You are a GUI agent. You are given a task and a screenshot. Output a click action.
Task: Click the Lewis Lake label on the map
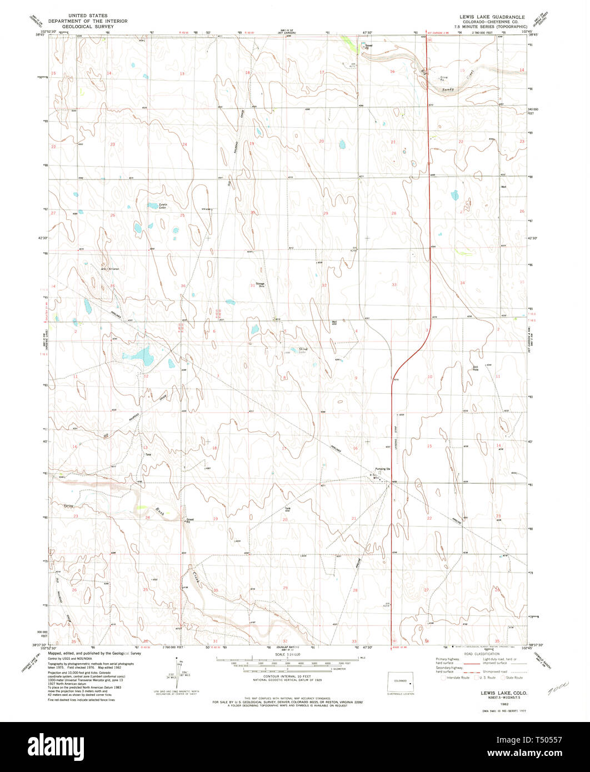pos(162,205)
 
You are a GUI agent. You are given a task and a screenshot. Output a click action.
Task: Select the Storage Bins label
pos(260,284)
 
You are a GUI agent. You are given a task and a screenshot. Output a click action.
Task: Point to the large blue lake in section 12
pos(137,355)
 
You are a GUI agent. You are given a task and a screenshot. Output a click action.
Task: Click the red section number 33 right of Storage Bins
pos(394,284)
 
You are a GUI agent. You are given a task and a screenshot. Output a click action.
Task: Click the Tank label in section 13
pos(148,455)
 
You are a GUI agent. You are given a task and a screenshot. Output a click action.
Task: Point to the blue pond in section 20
pos(342,145)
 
